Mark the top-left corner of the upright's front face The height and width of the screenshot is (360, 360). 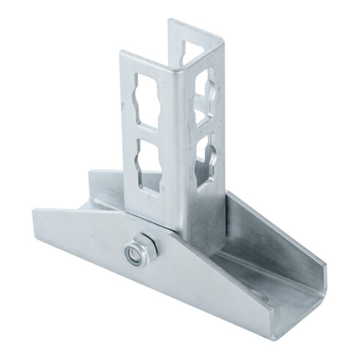tap(122, 55)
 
